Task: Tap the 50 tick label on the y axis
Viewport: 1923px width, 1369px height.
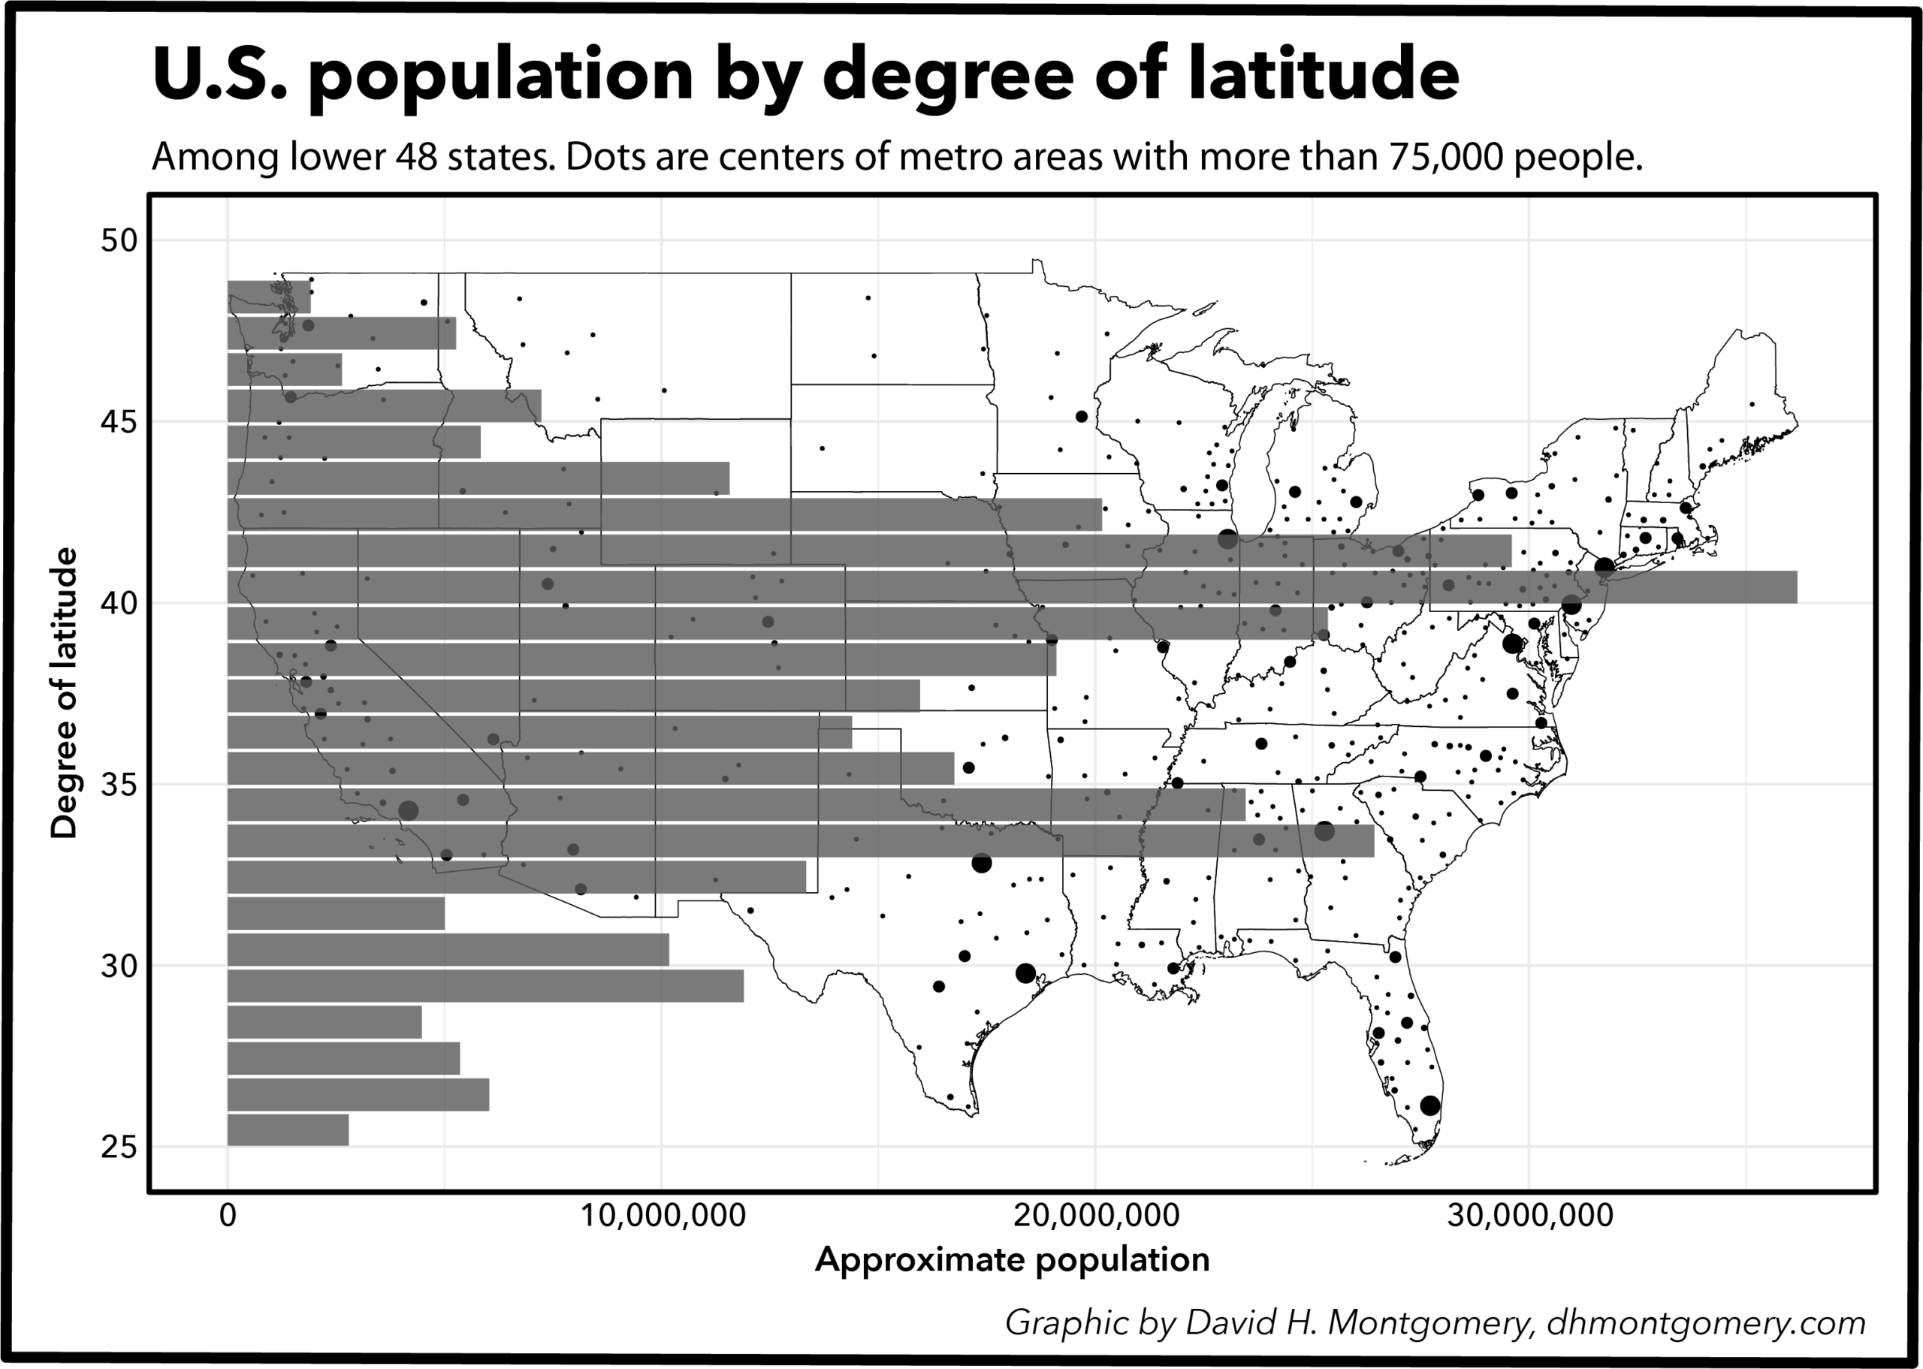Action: (x=118, y=240)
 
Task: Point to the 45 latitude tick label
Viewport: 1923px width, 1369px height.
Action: (x=118, y=421)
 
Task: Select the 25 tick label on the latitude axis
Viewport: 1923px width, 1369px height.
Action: (x=118, y=1147)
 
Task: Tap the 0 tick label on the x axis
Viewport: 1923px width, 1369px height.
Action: (x=228, y=1216)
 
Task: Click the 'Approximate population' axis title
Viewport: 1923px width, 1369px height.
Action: (x=1012, y=1259)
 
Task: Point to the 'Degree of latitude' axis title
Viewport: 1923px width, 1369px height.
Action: (x=64, y=693)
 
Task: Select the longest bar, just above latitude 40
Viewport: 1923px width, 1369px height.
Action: (x=1012, y=586)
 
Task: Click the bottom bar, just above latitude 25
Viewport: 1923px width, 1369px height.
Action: (x=288, y=1129)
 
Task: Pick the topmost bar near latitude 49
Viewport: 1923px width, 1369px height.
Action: (x=269, y=297)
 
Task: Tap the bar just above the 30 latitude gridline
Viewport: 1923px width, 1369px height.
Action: (x=448, y=949)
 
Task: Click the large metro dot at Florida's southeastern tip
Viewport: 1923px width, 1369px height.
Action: (x=1429, y=1106)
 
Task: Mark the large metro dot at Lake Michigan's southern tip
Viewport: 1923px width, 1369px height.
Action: (x=1227, y=539)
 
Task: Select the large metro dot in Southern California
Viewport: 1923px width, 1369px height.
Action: (x=408, y=811)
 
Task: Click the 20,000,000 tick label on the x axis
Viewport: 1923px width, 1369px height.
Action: (x=1095, y=1216)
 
